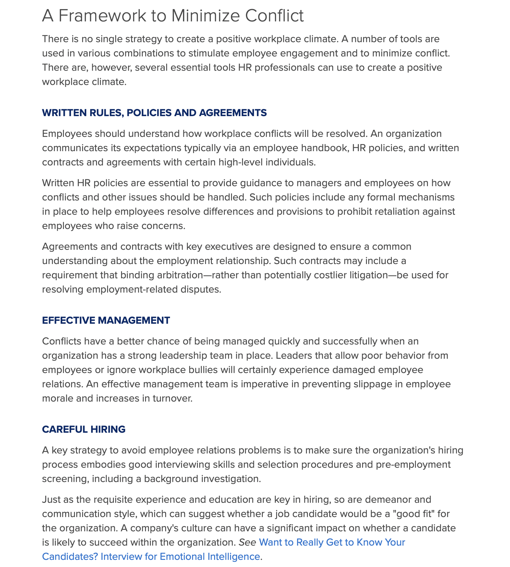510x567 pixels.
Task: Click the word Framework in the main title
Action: click(x=102, y=16)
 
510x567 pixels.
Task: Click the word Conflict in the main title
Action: click(x=274, y=16)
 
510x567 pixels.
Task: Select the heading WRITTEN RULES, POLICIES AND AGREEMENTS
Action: click(x=154, y=113)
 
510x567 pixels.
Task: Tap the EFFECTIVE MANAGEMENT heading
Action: click(x=106, y=320)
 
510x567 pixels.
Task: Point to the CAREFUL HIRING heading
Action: click(x=83, y=429)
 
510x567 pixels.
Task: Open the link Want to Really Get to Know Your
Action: click(x=332, y=542)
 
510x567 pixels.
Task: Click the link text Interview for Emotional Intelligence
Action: click(x=180, y=557)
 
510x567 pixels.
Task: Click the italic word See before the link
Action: click(x=248, y=542)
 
